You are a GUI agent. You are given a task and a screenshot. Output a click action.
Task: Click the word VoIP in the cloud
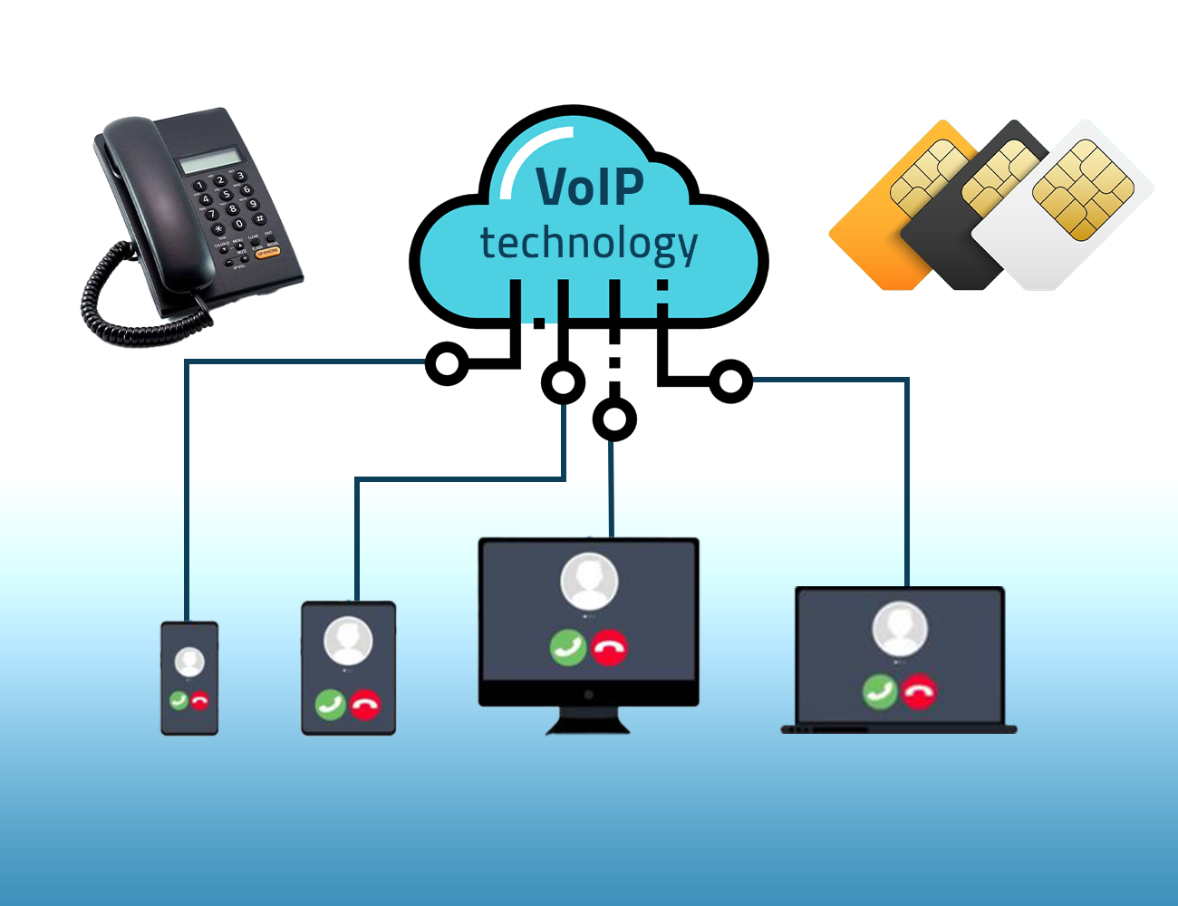[589, 186]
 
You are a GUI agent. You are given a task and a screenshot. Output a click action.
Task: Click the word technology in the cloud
[589, 245]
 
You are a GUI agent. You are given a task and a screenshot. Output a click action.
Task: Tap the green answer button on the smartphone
[179, 700]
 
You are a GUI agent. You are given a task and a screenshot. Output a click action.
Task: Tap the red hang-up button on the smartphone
[199, 700]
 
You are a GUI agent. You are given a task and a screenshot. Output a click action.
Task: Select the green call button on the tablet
[331, 705]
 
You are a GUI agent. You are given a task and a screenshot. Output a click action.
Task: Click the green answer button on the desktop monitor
[568, 647]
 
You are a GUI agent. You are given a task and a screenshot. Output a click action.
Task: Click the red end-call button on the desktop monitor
[609, 647]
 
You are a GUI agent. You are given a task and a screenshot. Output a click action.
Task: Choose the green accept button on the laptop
[880, 691]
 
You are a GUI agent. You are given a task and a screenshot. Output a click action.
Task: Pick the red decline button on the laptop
[919, 691]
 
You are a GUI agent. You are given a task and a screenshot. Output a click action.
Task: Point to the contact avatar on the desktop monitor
[589, 582]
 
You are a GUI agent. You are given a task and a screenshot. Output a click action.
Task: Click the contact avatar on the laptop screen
[900, 629]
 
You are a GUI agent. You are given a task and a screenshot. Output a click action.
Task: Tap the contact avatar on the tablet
[348, 641]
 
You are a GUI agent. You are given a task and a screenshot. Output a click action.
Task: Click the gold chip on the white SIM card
[1083, 189]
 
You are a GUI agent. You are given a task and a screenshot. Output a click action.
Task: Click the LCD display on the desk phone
[211, 159]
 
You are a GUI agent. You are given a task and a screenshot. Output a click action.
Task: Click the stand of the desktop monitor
[588, 720]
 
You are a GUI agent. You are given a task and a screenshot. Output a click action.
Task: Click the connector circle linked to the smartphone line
[448, 363]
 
